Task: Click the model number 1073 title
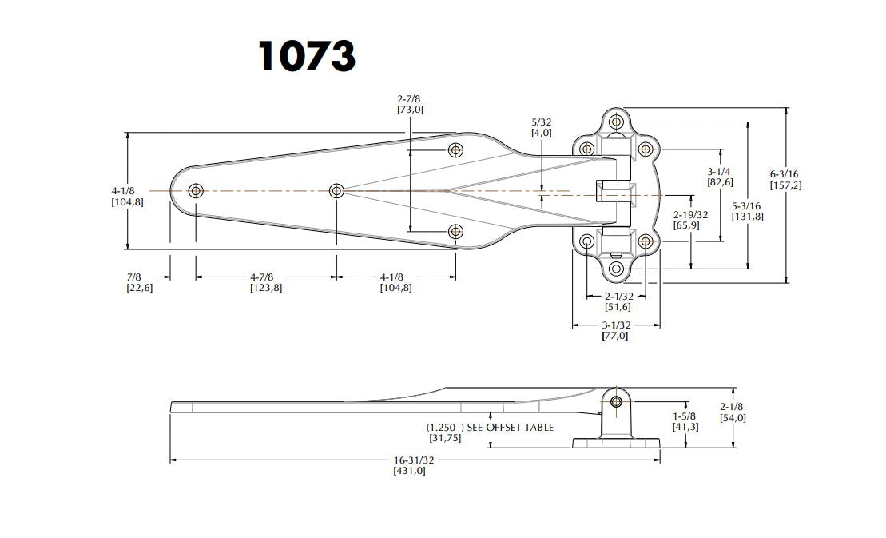(x=307, y=56)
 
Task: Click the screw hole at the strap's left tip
(x=196, y=191)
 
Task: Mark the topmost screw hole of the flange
(x=616, y=122)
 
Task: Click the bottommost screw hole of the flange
(x=616, y=269)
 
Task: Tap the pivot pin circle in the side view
(x=617, y=402)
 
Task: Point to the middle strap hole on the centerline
(x=336, y=191)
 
